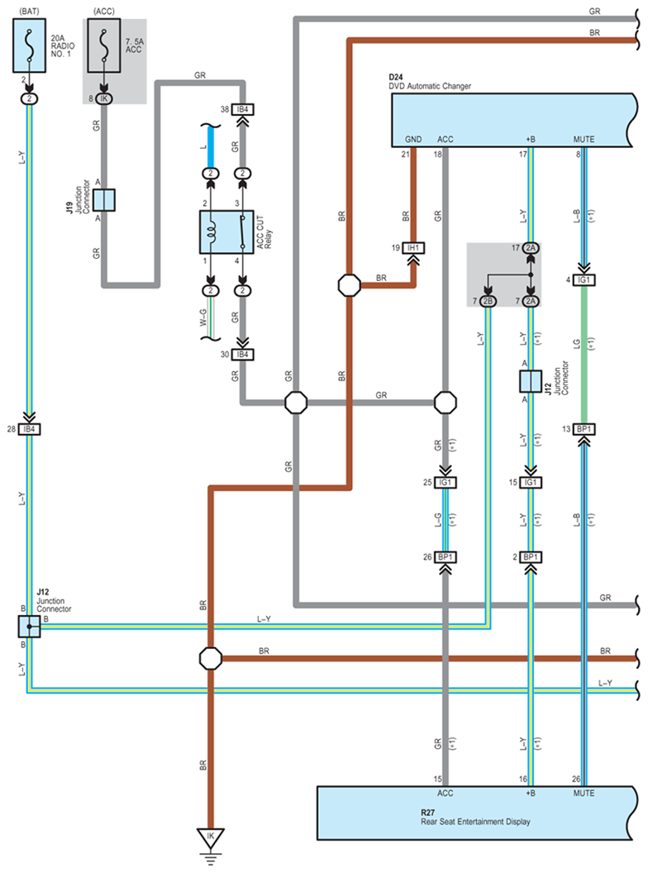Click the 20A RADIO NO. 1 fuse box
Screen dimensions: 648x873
point(30,45)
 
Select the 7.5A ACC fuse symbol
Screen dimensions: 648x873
point(103,45)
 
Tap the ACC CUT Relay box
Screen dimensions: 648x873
point(226,232)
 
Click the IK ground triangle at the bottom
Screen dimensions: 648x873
point(211,837)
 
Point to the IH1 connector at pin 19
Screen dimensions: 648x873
point(413,248)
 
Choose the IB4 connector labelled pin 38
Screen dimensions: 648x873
point(243,110)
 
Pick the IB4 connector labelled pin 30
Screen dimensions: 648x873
point(243,355)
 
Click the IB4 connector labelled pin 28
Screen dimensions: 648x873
point(29,429)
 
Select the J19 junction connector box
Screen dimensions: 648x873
point(103,200)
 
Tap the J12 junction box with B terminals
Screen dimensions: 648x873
point(29,627)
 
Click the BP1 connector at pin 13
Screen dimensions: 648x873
point(584,429)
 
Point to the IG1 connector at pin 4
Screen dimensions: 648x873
point(584,280)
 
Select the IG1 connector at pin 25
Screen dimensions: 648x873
point(445,483)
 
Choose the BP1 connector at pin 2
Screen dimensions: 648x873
point(531,557)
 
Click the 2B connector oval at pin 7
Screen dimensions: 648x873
point(488,301)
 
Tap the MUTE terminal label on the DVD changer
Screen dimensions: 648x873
point(584,139)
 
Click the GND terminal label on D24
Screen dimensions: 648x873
point(413,139)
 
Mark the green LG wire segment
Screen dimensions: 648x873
point(584,355)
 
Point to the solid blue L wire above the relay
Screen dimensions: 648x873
point(211,147)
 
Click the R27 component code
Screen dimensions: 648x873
point(427,813)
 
